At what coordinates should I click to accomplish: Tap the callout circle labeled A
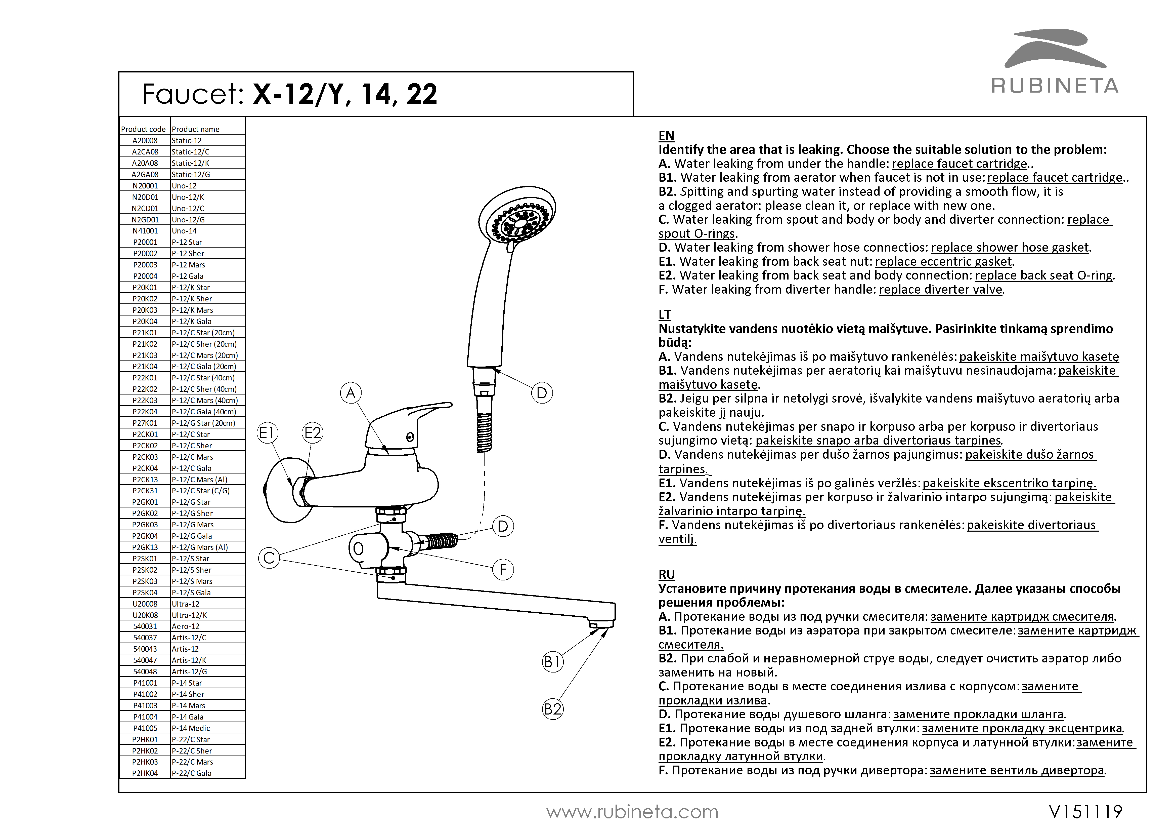(x=351, y=393)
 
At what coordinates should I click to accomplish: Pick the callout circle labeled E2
(x=313, y=433)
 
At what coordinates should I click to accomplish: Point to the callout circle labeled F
(x=503, y=570)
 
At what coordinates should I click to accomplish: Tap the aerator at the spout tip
(x=600, y=624)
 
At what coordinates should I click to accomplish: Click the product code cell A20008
(x=145, y=140)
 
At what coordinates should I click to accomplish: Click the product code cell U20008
(x=145, y=604)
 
